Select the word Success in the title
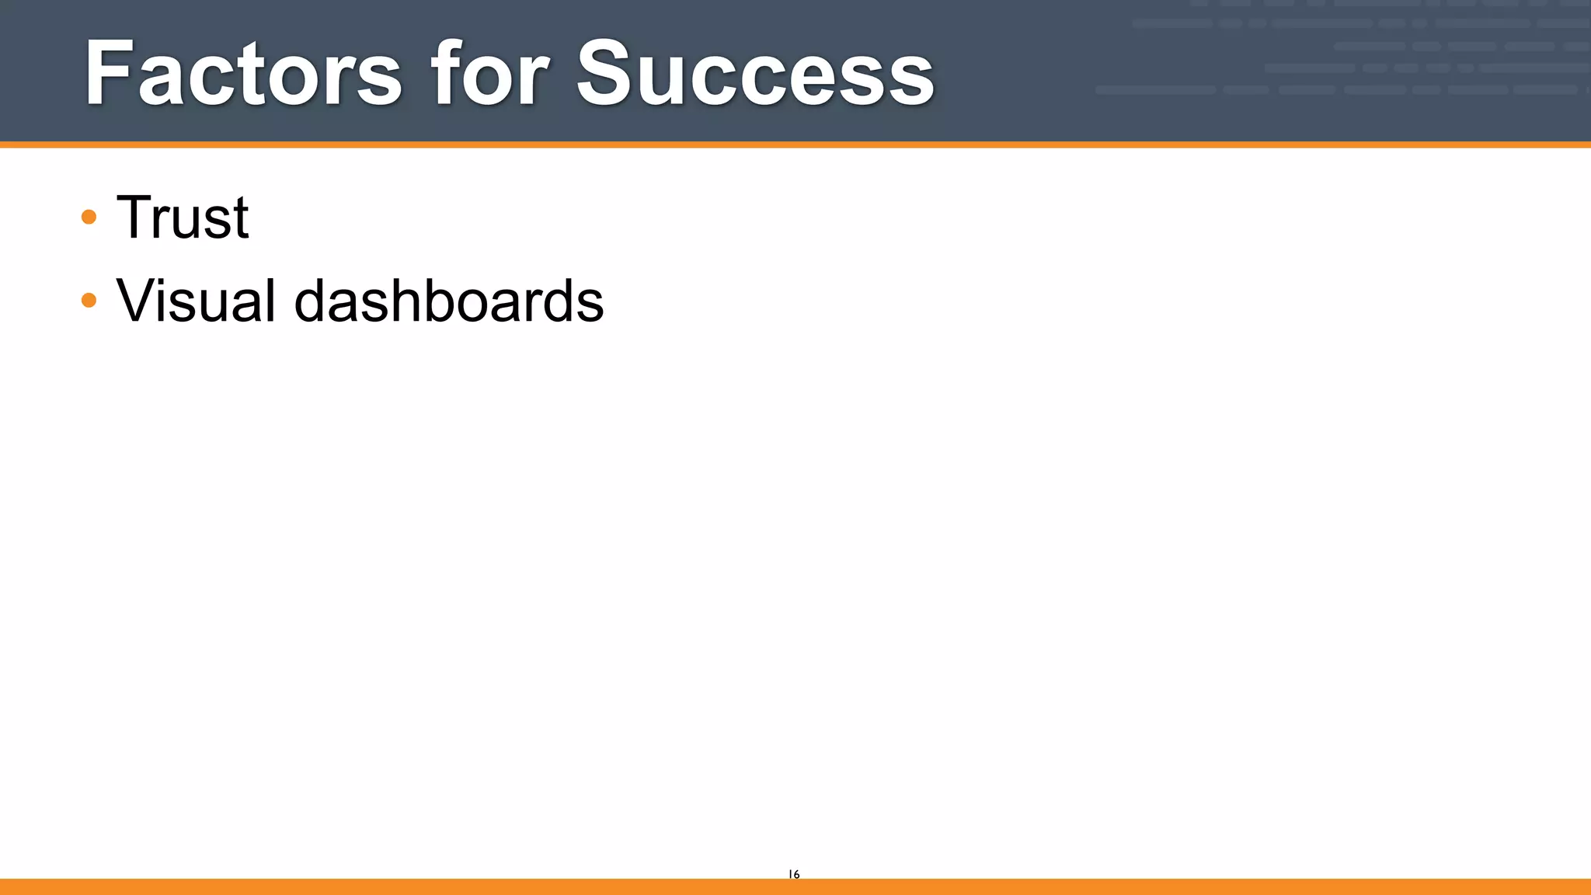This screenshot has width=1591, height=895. tap(755, 75)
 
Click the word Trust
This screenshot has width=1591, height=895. tap(183, 218)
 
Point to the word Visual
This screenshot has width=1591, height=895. tap(195, 301)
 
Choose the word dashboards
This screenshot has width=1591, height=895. tap(448, 301)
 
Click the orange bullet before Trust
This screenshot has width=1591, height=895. tap(89, 217)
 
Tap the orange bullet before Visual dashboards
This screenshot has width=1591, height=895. tap(89, 300)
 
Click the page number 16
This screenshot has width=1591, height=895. tap(794, 874)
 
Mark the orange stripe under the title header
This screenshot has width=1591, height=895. tap(795, 145)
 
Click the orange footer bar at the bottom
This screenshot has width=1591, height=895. tap(795, 886)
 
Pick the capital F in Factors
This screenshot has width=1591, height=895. tap(109, 75)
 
